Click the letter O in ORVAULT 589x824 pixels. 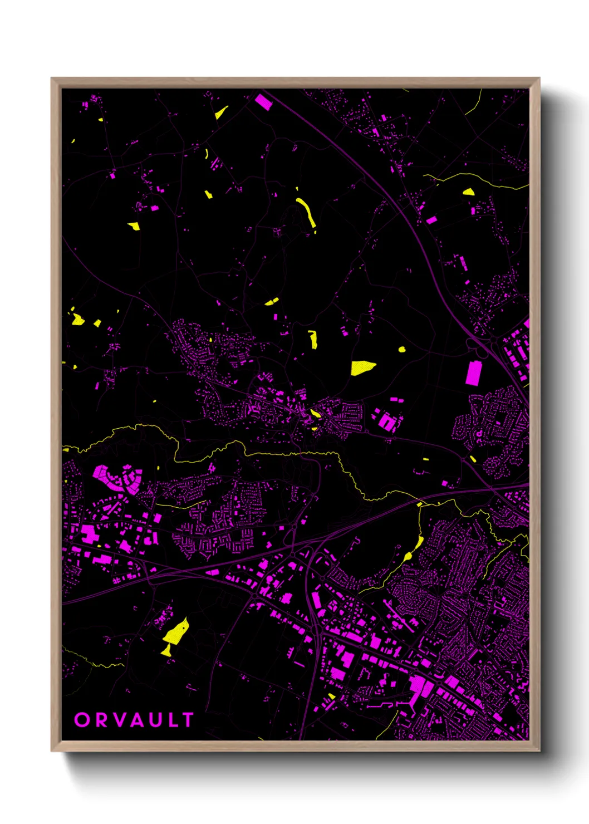pos(82,720)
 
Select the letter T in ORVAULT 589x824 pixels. pos(188,720)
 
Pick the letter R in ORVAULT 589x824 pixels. pos(100,720)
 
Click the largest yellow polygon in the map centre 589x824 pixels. pos(362,368)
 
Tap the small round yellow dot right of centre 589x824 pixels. pos(402,350)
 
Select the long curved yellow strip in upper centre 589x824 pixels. pos(307,212)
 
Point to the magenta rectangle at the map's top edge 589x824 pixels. pos(263,102)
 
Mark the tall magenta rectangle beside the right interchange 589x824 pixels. pos(473,372)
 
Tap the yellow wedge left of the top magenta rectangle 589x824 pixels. pos(221,113)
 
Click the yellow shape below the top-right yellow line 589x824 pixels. pos(469,192)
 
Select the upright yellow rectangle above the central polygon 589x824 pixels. pos(313,339)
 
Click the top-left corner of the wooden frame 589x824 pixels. pos(52,79)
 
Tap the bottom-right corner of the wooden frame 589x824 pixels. pos(539,751)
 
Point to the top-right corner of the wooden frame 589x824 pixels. pos(539,79)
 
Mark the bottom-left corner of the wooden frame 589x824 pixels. pos(52,751)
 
